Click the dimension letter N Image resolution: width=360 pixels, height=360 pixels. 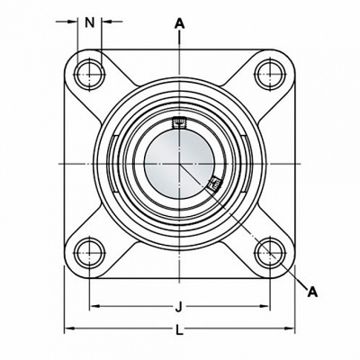click(x=89, y=22)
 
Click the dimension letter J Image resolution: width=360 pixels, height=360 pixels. click(x=179, y=307)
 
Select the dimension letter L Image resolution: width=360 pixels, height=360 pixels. click(x=179, y=330)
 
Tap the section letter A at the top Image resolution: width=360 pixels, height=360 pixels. click(x=179, y=23)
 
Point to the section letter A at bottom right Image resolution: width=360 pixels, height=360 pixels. click(x=312, y=292)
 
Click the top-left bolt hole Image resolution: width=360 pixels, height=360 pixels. click(x=89, y=74)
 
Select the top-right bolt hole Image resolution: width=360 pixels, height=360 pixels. click(x=270, y=74)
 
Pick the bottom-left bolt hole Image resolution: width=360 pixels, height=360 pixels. click(x=89, y=253)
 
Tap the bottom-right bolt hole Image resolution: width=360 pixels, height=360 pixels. click(x=270, y=253)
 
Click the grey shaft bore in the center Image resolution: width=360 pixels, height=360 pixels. click(x=179, y=164)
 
